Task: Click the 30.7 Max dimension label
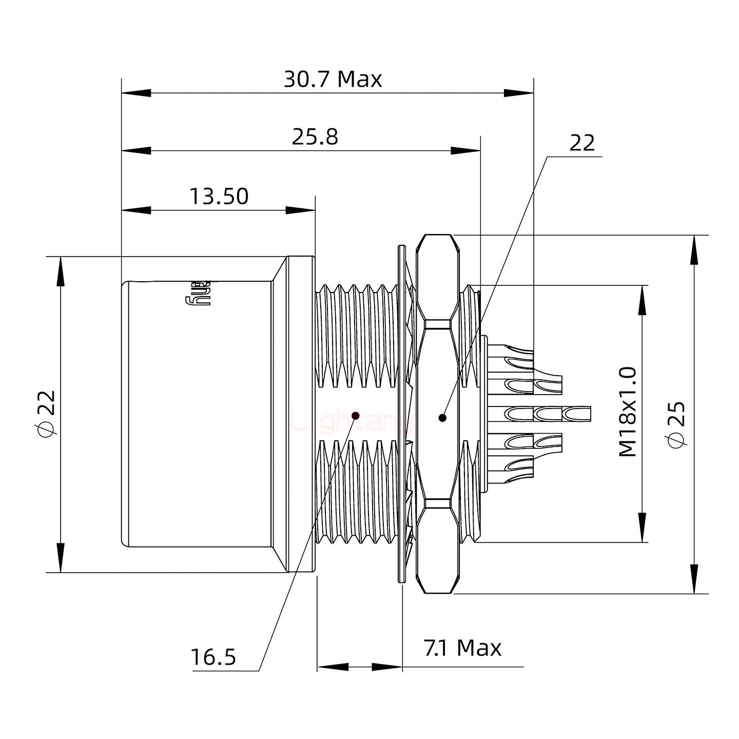tap(333, 80)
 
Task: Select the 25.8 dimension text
tap(315, 138)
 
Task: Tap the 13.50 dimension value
tap(219, 197)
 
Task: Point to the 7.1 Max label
tap(462, 649)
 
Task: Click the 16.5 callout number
tap(213, 657)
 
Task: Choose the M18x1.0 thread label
tap(627, 412)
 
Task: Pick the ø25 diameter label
tap(676, 424)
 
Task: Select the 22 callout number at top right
tap(582, 143)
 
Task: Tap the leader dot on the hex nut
tap(442, 418)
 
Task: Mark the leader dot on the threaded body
tap(355, 415)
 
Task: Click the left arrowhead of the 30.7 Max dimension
tap(136, 93)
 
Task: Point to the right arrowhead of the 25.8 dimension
tap(466, 151)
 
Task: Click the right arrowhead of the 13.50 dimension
tap(300, 210)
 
